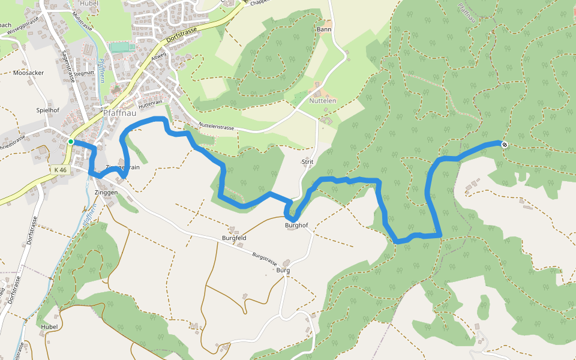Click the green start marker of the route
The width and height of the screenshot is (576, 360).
71,142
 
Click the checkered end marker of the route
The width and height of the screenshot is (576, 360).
505,144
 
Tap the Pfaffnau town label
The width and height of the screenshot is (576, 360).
121,112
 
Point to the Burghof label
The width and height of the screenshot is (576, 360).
297,226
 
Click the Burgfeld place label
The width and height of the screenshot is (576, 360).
234,238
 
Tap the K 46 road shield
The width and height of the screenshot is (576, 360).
60,170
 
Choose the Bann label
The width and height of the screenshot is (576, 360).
323,29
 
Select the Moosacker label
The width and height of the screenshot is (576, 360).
28,73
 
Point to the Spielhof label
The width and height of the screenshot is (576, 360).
47,110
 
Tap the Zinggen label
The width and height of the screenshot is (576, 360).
106,193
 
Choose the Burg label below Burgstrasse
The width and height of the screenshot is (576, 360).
283,271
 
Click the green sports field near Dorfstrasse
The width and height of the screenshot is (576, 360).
122,47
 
